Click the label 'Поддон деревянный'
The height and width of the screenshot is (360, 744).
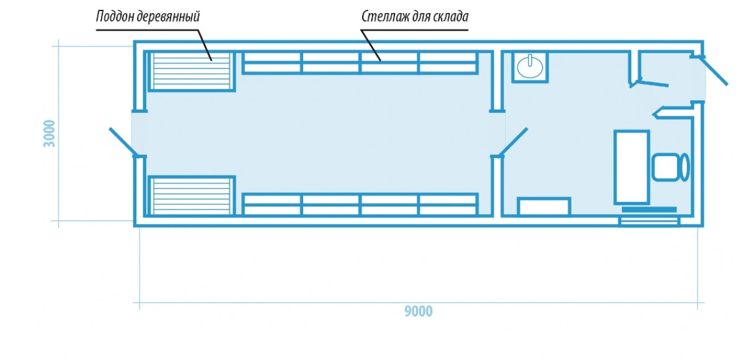click(x=148, y=15)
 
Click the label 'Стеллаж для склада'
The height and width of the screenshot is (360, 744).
click(x=415, y=15)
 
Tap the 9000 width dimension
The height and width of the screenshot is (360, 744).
click(x=418, y=312)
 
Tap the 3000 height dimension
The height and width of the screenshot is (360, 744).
click(x=50, y=133)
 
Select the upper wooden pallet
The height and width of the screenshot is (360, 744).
click(x=191, y=71)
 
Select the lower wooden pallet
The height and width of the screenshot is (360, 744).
click(x=191, y=196)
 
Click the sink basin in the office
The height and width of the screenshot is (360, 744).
click(x=530, y=66)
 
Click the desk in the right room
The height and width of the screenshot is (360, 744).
click(x=631, y=167)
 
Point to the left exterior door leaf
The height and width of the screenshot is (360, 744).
click(x=123, y=142)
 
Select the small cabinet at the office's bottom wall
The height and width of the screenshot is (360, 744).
click(x=544, y=207)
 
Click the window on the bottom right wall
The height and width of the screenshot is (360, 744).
click(x=649, y=221)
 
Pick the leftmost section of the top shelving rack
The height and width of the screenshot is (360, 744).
click(x=272, y=63)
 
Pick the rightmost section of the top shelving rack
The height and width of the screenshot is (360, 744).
click(x=448, y=63)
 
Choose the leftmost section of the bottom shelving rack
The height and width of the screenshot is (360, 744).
click(x=272, y=204)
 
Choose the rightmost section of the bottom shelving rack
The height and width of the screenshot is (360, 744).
click(x=448, y=204)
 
